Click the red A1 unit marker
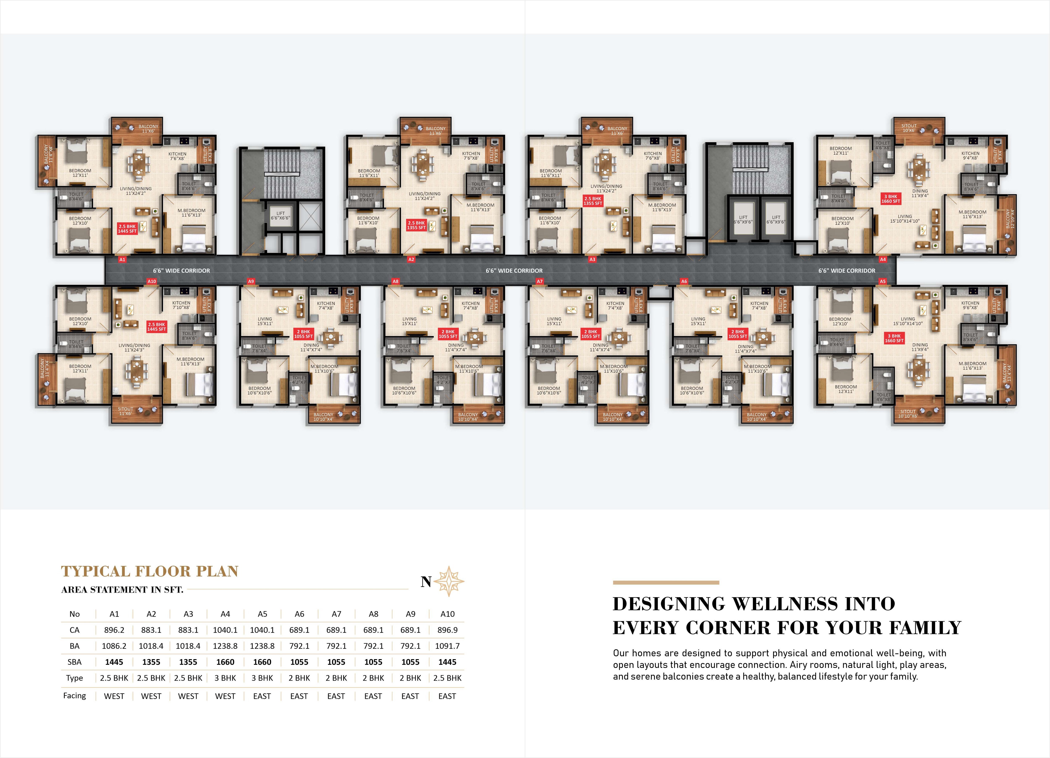click(122, 260)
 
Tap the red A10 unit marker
click(151, 281)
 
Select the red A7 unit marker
click(539, 281)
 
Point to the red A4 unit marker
click(882, 260)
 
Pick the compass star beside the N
click(449, 581)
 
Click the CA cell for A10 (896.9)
click(447, 630)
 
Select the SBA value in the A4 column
click(225, 662)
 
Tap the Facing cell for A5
click(262, 696)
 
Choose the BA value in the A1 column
click(114, 646)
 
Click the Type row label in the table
click(75, 678)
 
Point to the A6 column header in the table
click(299, 614)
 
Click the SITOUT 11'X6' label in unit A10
click(125, 411)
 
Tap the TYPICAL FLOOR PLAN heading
click(150, 571)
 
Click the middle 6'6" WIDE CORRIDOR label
click(514, 271)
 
